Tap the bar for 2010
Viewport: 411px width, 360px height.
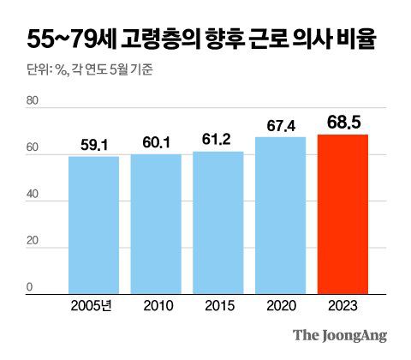click(156, 224)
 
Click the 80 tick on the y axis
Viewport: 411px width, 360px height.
click(33, 102)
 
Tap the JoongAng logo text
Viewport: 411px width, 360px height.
click(340, 335)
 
